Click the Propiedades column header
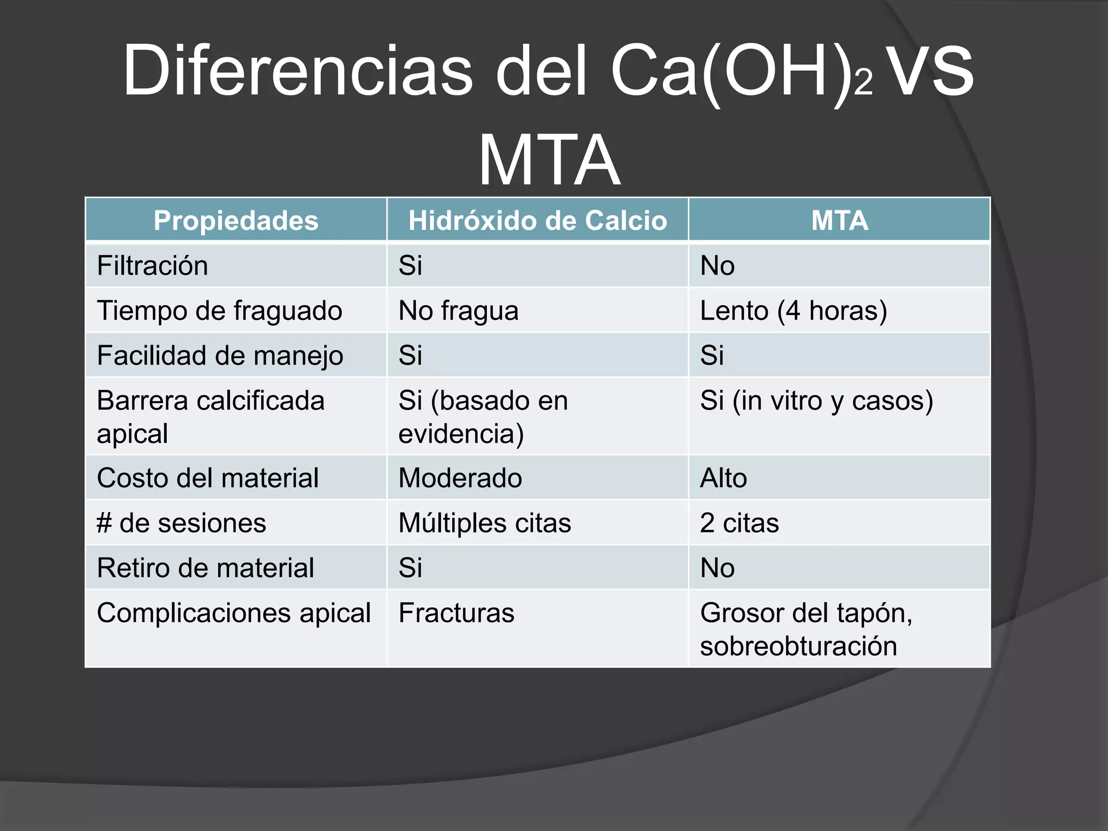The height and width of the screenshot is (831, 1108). (x=236, y=220)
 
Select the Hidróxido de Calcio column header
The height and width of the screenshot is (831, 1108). (x=537, y=220)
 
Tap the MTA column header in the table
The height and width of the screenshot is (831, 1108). (x=839, y=220)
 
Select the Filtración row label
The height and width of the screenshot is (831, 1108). (x=153, y=266)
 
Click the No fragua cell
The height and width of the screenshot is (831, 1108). (x=458, y=311)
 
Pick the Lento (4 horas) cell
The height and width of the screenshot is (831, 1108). (x=793, y=311)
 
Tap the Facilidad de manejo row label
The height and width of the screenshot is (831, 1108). (x=220, y=355)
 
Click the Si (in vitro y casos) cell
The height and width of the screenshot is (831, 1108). (x=816, y=401)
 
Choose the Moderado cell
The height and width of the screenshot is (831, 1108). (x=460, y=478)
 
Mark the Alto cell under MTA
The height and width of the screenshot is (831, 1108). (x=723, y=478)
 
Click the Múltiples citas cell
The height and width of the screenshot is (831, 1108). (x=485, y=523)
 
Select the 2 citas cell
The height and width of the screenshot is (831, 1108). (x=739, y=523)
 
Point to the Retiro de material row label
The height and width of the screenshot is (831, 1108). (x=205, y=568)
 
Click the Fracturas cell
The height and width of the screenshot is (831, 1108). (x=456, y=613)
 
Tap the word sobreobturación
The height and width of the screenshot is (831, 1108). (x=798, y=646)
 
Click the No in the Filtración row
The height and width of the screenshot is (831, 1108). (x=717, y=266)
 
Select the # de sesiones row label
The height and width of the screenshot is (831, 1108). (x=181, y=523)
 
